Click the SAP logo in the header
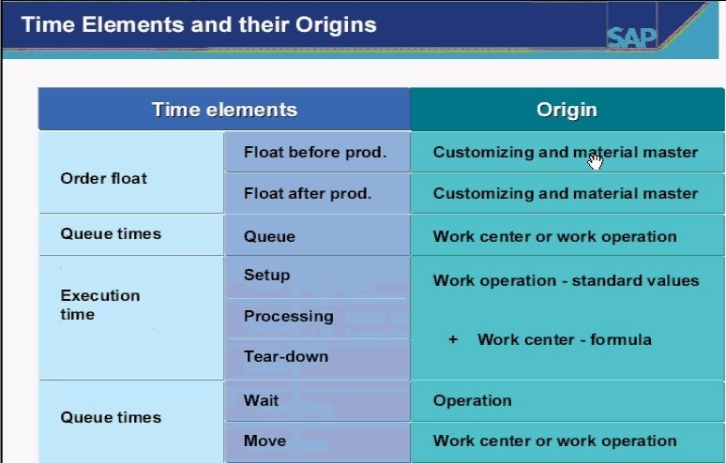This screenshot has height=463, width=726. click(x=631, y=37)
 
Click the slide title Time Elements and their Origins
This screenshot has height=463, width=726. click(x=199, y=24)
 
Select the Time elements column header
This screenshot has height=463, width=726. click(x=224, y=110)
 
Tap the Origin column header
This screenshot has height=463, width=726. click(x=567, y=110)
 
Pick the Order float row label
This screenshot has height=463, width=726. click(x=104, y=178)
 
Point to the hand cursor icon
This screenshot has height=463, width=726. click(x=595, y=162)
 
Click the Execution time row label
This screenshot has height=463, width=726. click(x=100, y=305)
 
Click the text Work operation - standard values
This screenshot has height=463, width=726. click(x=566, y=280)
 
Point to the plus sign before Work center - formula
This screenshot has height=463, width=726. click(x=453, y=339)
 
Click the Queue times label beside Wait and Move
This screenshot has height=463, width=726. click(x=111, y=417)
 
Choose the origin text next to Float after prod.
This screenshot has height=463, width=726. click(x=566, y=193)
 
